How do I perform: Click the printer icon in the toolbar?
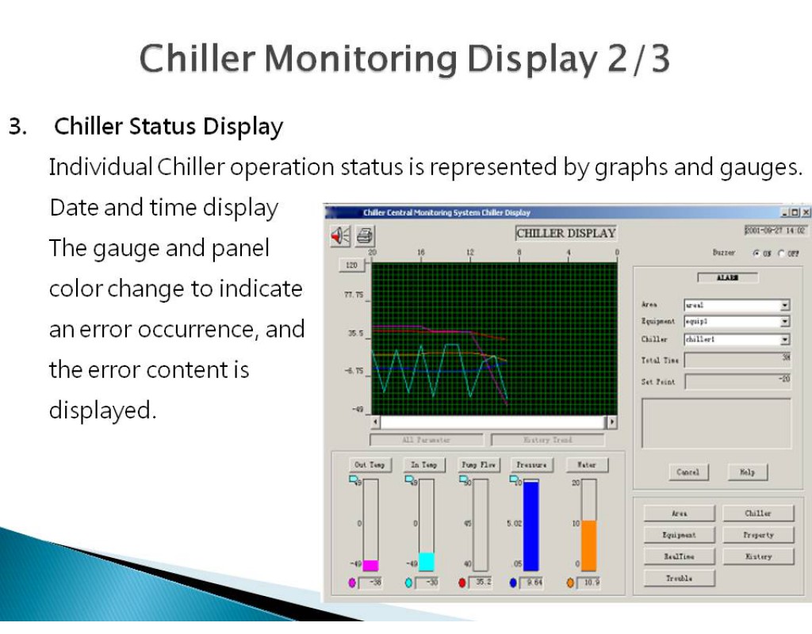365,235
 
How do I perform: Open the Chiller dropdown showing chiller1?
785,339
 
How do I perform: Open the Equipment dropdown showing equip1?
785,322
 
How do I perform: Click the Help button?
747,472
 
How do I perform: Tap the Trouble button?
679,579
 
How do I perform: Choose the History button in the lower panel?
758,556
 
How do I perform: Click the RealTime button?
679,556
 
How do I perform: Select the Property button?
758,535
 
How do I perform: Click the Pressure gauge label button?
531,464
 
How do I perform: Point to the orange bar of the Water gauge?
588,545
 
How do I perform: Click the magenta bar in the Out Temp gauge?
370,565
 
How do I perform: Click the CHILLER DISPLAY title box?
566,233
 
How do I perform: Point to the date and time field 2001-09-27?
775,231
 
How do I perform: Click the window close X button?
806,212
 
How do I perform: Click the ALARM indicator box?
727,278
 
